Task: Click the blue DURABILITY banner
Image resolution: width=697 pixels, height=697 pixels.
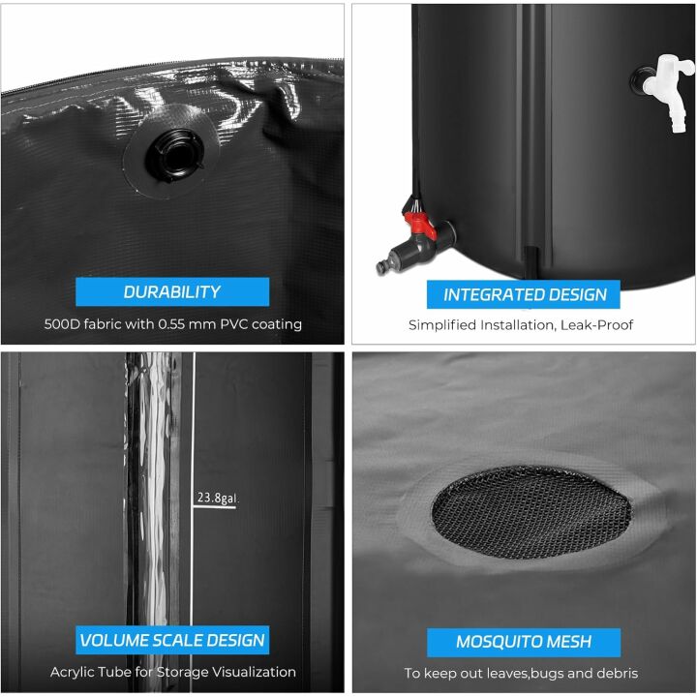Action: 172,291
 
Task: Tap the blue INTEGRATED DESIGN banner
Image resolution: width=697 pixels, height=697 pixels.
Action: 525,294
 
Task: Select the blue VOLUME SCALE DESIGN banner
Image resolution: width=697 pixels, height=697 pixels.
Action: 172,640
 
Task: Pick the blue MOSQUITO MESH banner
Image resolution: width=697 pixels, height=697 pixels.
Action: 524,641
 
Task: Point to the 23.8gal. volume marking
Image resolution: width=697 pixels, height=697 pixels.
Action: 218,499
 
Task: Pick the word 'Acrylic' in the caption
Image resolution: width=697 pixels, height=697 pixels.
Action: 74,672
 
